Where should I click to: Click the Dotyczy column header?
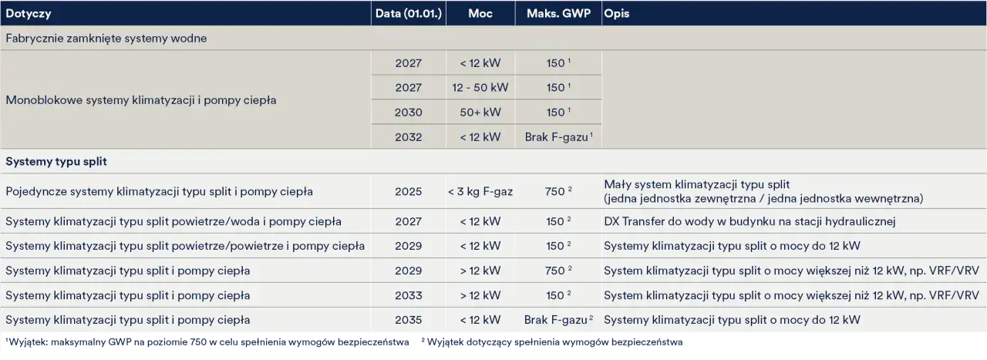click(29, 14)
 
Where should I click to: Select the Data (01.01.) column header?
click(409, 13)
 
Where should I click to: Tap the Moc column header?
click(480, 13)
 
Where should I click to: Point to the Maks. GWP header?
click(558, 13)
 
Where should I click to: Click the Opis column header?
click(616, 14)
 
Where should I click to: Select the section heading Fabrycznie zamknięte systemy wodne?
click(106, 39)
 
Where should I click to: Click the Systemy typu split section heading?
click(56, 161)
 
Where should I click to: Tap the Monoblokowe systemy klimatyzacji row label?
click(141, 100)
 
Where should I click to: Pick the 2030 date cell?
click(409, 113)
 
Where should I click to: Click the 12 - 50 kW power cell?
click(480, 88)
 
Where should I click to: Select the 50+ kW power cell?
click(480, 113)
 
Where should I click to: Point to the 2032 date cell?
click(409, 137)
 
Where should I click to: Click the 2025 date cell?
click(409, 192)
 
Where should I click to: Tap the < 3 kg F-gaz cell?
click(480, 192)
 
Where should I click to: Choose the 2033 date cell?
click(409, 295)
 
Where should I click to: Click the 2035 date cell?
click(409, 320)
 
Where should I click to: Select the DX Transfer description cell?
click(750, 221)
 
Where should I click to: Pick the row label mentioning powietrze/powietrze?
click(185, 246)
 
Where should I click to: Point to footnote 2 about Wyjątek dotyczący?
click(551, 342)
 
